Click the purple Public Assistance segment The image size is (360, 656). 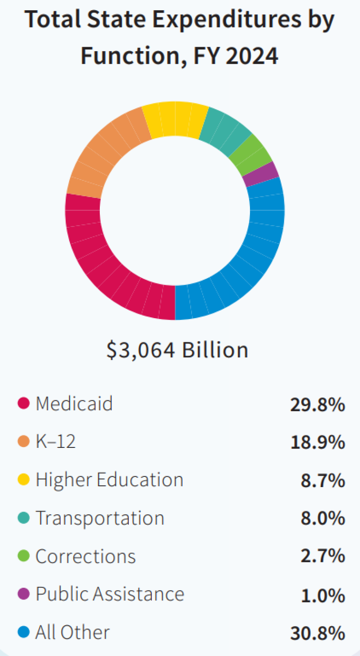tap(261, 174)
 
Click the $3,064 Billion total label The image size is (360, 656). tap(177, 350)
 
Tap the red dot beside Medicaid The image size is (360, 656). tap(24, 403)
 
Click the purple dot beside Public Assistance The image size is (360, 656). tap(24, 594)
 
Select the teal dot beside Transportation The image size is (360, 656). tap(24, 518)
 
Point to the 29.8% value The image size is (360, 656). tap(317, 405)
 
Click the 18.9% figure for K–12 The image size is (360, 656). tap(317, 443)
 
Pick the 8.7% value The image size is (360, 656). tap(323, 481)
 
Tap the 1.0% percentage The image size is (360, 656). tap(323, 595)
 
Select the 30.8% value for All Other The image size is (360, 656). tap(317, 634)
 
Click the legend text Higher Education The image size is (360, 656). tap(109, 480)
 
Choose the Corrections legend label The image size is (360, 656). tap(85, 557)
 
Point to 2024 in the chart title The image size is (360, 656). tap(252, 56)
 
